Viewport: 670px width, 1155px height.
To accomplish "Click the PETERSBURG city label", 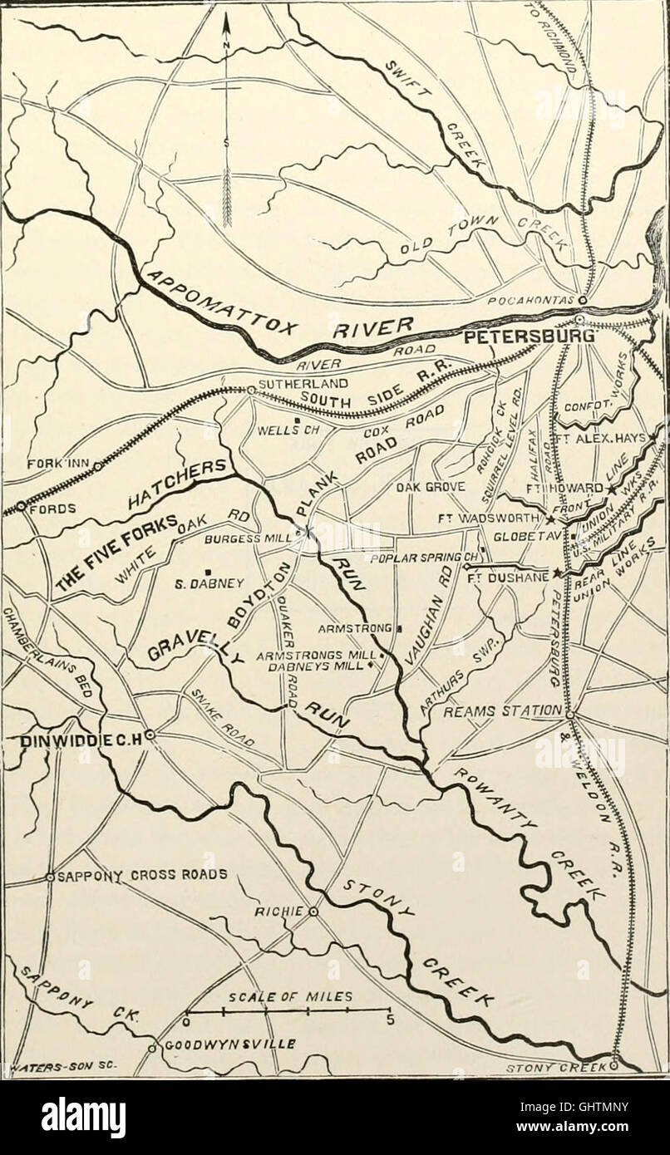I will [x=529, y=338].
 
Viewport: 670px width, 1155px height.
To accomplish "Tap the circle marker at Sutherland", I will [x=249, y=389].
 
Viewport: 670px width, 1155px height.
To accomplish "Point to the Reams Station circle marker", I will [x=569, y=714].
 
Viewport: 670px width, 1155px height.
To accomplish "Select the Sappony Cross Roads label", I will [x=141, y=875].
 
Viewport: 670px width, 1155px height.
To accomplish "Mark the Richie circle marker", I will [x=313, y=912].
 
